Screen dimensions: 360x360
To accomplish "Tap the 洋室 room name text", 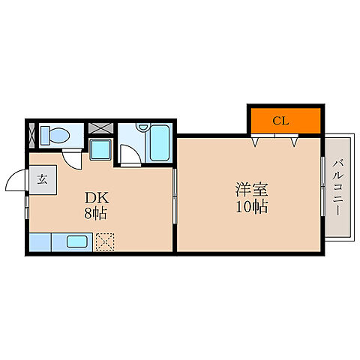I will [x=250, y=190].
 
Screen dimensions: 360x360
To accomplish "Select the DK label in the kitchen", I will [x=97, y=198].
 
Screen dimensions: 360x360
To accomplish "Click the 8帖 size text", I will [x=96, y=214].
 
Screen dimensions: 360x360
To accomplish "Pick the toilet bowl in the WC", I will [x=55, y=135].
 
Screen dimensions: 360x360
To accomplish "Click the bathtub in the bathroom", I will [x=160, y=142].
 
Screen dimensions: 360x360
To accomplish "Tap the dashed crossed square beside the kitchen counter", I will [x=104, y=241].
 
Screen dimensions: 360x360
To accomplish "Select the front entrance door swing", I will [x=16, y=182].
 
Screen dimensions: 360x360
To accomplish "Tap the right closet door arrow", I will [x=295, y=139].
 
